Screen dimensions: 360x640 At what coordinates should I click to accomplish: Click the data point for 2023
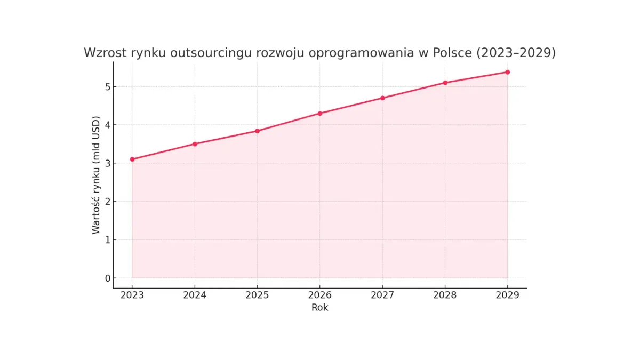pos(132,159)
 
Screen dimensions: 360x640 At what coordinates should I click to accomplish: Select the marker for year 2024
pos(195,144)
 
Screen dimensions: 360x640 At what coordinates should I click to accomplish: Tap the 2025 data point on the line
pos(257,131)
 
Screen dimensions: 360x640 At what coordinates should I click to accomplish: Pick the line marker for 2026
pos(320,113)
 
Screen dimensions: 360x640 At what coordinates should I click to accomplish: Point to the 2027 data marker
pos(382,98)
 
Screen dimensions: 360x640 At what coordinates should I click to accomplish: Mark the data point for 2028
pos(445,83)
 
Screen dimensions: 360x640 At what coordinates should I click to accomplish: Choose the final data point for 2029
pos(507,72)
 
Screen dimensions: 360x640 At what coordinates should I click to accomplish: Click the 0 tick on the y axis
pos(107,278)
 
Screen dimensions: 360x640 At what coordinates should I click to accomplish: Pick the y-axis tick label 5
pos(107,86)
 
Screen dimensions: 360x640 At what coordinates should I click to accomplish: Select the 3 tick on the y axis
pos(107,163)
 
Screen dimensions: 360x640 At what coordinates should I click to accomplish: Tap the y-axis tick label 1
pos(107,239)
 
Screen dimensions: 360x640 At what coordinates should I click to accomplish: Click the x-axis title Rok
pos(320,308)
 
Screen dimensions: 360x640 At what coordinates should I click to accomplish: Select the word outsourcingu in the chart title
pos(188,53)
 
